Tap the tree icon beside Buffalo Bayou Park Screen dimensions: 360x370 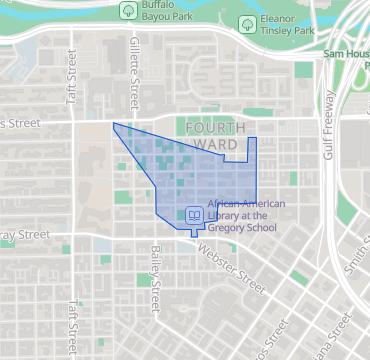(x=128, y=10)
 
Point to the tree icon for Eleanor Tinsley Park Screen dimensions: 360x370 (x=246, y=23)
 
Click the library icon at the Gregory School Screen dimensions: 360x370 (x=194, y=215)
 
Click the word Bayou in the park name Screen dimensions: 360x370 (x=161, y=16)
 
